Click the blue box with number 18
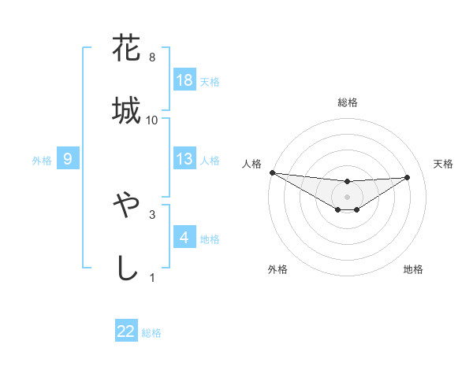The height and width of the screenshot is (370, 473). coord(184,80)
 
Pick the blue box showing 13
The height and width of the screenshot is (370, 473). coord(184,159)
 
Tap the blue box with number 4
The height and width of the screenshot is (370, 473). coord(184,238)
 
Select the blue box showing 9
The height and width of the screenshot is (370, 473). coord(68,159)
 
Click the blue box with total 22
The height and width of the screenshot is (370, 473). coord(126,331)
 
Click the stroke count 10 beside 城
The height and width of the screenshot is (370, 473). coord(152,120)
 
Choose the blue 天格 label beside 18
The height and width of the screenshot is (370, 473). coord(210,81)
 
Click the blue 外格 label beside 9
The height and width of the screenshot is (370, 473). coord(42,160)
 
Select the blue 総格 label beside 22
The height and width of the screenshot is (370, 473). coord(151,332)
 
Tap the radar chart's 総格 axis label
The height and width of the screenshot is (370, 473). coord(347,102)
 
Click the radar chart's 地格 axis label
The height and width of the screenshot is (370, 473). coord(413,269)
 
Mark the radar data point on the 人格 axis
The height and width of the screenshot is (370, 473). coord(272,172)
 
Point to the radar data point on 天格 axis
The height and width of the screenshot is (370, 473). coord(408,177)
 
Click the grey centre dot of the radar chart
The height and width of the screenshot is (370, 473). coord(347,196)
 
